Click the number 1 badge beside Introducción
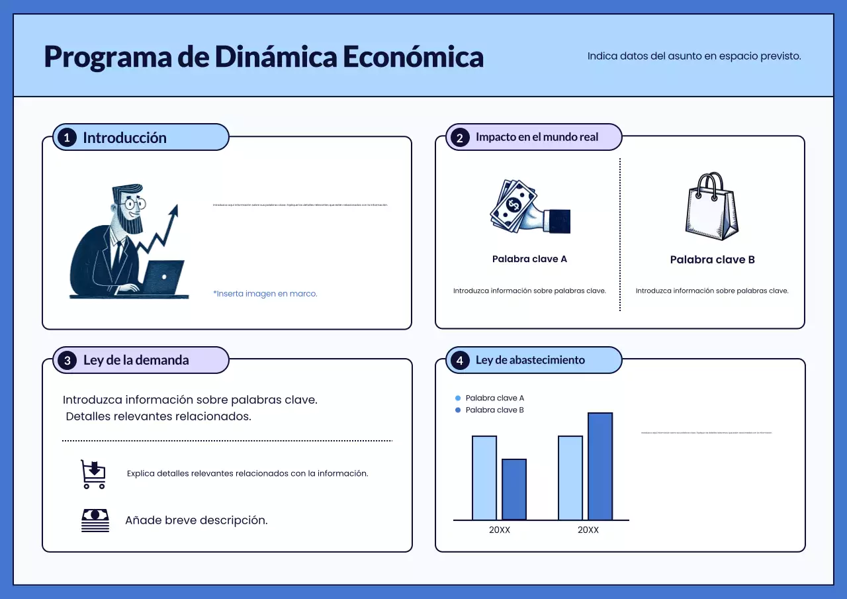click(x=67, y=138)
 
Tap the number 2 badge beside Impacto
click(x=459, y=138)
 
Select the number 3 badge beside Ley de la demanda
click(x=67, y=361)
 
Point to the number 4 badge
click(x=459, y=361)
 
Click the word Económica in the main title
click(x=413, y=57)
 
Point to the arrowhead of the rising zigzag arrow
click(x=174, y=210)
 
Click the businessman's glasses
click(x=136, y=203)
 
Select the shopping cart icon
click(x=93, y=474)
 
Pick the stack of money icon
click(x=95, y=520)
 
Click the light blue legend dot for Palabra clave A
click(x=458, y=398)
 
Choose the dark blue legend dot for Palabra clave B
click(x=458, y=410)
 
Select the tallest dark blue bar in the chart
click(x=600, y=467)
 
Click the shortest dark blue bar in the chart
click(x=514, y=490)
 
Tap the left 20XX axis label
click(x=500, y=530)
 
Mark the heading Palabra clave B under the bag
click(x=712, y=260)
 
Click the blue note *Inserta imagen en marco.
click(x=265, y=294)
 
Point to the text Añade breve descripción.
click(x=197, y=521)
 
